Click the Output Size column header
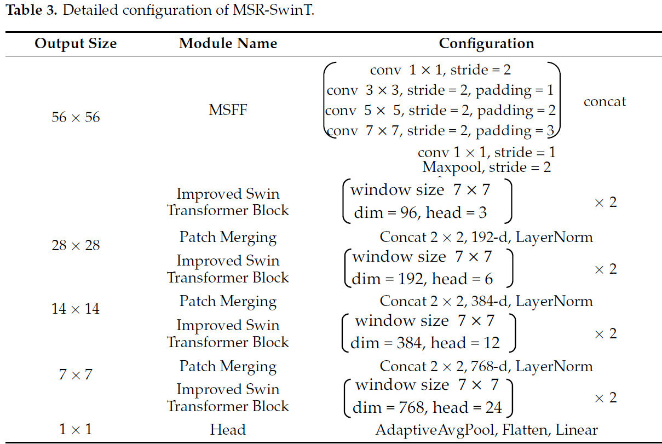(76, 44)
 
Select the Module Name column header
(228, 44)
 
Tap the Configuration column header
(486, 44)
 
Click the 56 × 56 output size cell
(76, 117)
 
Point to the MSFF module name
(228, 110)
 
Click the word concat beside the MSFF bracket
(605, 101)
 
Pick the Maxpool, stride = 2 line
(486, 167)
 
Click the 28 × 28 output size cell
(76, 245)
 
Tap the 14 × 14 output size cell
(76, 309)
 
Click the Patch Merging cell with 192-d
(228, 237)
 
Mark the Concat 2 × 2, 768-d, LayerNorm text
(486, 366)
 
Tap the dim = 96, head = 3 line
(421, 212)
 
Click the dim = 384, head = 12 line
(425, 343)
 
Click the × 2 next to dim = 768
(605, 397)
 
